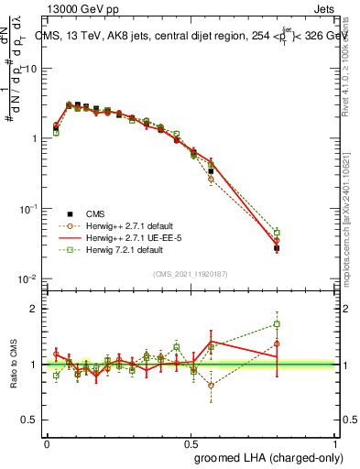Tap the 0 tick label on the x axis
pos(47,442)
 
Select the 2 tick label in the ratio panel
pos(34,308)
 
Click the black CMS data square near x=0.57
pos(211,171)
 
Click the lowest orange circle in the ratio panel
pos(211,385)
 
